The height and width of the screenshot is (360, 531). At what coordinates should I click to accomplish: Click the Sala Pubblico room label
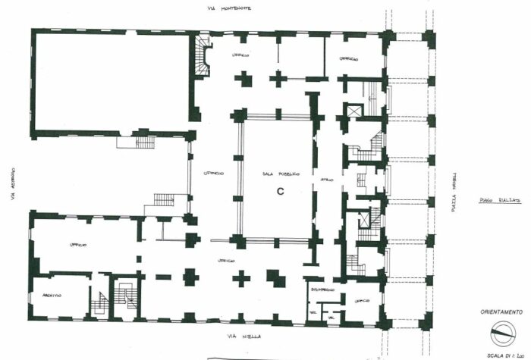click(x=278, y=174)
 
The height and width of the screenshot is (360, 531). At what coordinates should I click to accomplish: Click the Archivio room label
click(x=52, y=296)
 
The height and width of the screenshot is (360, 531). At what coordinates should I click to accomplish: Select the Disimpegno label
click(x=322, y=289)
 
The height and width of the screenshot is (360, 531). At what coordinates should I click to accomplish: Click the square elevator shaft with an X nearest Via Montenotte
click(x=354, y=111)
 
